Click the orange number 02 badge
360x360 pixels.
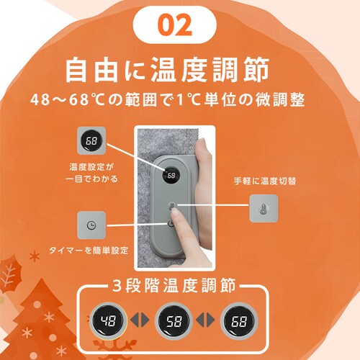click(175, 24)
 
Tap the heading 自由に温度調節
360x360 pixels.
click(167, 70)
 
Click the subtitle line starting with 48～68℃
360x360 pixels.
click(168, 99)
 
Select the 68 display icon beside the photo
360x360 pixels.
click(91, 140)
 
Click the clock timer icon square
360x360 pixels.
click(91, 225)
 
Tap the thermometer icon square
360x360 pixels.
click(264, 208)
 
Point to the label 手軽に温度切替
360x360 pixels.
click(265, 181)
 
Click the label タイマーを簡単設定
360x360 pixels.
click(89, 251)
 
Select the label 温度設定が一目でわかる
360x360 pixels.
click(91, 173)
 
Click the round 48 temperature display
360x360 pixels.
click(108, 321)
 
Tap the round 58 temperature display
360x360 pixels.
click(174, 321)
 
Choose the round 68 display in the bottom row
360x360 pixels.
click(239, 321)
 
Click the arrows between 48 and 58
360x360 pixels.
click(140, 320)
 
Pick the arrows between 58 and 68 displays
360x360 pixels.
click(205, 320)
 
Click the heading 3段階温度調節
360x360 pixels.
click(174, 285)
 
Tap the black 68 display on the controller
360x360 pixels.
click(171, 176)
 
